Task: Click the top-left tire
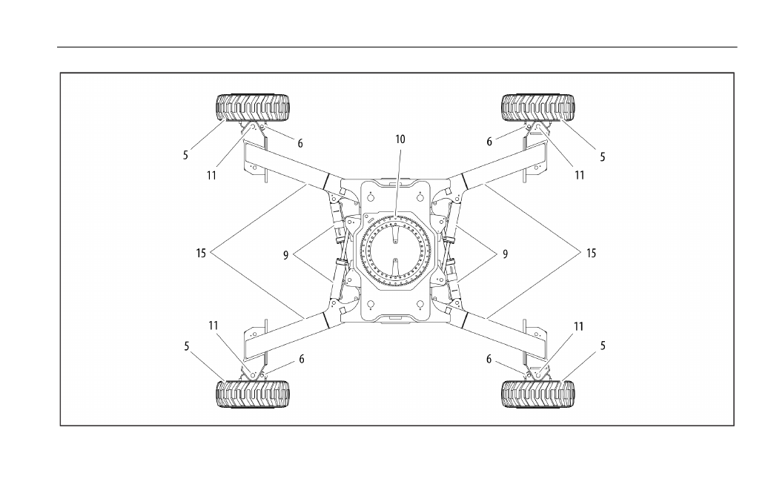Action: click(253, 108)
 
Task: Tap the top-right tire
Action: click(538, 108)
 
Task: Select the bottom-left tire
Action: click(253, 393)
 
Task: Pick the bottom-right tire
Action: click(538, 393)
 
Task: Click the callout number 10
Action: click(400, 139)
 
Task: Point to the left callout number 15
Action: click(201, 253)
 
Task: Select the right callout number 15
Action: click(591, 253)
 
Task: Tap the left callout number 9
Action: click(285, 255)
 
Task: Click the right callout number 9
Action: click(505, 254)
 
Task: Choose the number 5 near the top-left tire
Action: click(185, 156)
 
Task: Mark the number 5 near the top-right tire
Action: click(602, 157)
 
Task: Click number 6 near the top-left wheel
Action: click(300, 144)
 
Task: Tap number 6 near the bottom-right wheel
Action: click(489, 360)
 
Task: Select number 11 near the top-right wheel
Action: click(579, 176)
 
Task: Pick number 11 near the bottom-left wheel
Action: click(213, 325)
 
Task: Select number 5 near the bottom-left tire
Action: click(186, 346)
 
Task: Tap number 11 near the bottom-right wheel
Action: click(578, 326)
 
